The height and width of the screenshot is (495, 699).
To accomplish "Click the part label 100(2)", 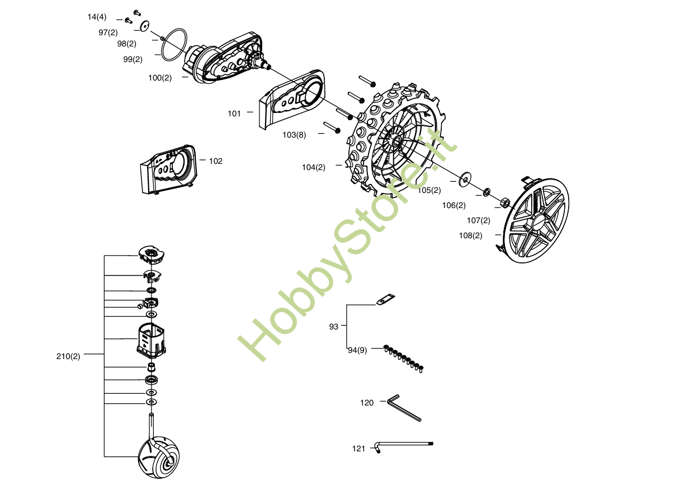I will [x=160, y=78].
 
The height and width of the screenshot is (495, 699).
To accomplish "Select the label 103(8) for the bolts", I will [x=294, y=135].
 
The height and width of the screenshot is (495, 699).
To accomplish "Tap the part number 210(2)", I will [x=68, y=356].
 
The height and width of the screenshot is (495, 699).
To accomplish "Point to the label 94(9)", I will [x=357, y=351].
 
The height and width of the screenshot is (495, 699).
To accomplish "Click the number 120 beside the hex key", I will [x=367, y=403].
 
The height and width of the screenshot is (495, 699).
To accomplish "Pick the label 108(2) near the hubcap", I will [x=470, y=235].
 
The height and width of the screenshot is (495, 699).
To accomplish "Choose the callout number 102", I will [x=216, y=161].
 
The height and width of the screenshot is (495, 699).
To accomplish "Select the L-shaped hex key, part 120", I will [x=404, y=407].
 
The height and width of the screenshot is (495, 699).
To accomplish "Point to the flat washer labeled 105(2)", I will [x=465, y=180].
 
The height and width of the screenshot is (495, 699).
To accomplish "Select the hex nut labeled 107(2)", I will [x=503, y=201].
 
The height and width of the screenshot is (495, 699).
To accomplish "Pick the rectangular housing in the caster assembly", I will [x=151, y=340].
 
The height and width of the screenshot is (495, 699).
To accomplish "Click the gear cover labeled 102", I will [x=168, y=169].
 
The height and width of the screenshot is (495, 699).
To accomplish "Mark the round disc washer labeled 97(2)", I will [x=145, y=25].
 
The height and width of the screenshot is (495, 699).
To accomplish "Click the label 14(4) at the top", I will [x=97, y=17].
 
